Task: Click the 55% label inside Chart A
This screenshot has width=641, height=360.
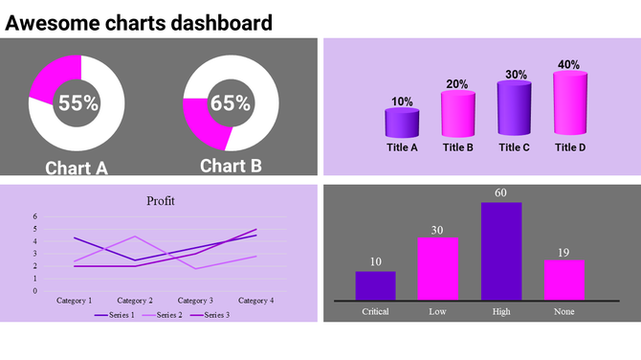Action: pyautogui.click(x=77, y=103)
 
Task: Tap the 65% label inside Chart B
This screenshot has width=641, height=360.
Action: pyautogui.click(x=230, y=103)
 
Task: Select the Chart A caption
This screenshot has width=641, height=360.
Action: pyautogui.click(x=77, y=169)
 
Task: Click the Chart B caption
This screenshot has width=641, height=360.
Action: pyautogui.click(x=231, y=166)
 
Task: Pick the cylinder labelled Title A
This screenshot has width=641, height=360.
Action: pyautogui.click(x=402, y=123)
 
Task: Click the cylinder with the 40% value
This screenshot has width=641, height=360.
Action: pyautogui.click(x=569, y=103)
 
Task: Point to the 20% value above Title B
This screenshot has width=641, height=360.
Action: pyautogui.click(x=457, y=84)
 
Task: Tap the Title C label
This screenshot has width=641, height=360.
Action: pyautogui.click(x=514, y=147)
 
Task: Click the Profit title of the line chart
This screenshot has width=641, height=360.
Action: pyautogui.click(x=161, y=201)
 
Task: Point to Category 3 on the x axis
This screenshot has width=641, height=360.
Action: pyautogui.click(x=195, y=301)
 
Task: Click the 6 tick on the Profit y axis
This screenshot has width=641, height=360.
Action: pyautogui.click(x=35, y=216)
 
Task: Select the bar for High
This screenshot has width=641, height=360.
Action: pyautogui.click(x=500, y=250)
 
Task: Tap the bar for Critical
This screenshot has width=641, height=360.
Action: pyautogui.click(x=375, y=285)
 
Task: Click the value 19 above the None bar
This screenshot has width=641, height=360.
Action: pyautogui.click(x=564, y=253)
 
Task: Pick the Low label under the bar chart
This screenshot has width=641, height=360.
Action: pyautogui.click(x=437, y=311)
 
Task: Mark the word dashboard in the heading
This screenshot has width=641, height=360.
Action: pyautogui.click(x=218, y=22)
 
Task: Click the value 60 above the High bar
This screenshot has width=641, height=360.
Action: pyautogui.click(x=500, y=193)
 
